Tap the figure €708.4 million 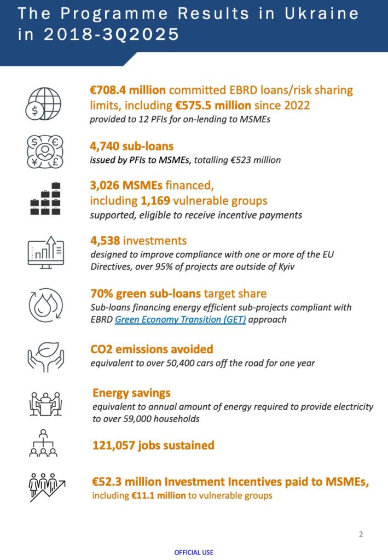tap(129, 90)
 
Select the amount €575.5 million tap(213, 105)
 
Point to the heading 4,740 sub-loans tap(131, 146)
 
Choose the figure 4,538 tap(107, 241)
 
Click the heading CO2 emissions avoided tap(152, 349)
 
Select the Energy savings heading tap(131, 393)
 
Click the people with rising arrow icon tap(47, 486)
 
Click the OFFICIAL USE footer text tap(194, 552)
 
